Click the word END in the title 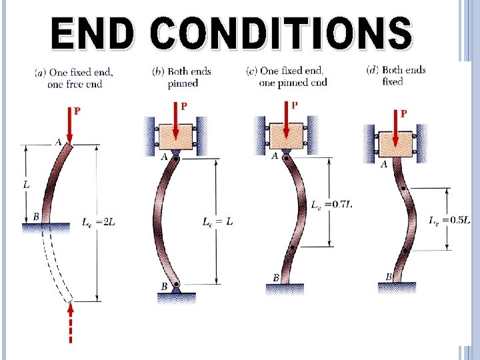93,34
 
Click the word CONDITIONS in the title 281,34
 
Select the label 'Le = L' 217,222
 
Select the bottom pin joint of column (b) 175,287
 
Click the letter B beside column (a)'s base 35,217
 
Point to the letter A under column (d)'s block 383,165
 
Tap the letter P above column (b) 184,105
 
